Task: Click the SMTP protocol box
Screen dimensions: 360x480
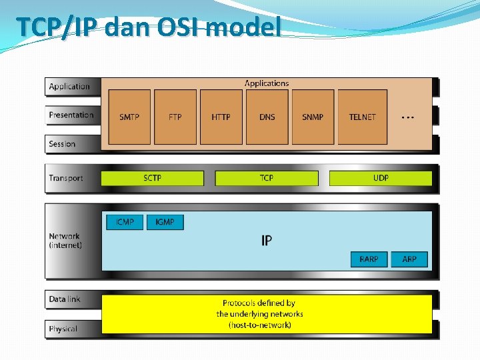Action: [x=129, y=117]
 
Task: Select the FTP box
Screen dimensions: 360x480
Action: [x=175, y=117]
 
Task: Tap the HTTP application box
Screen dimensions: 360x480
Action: [x=221, y=117]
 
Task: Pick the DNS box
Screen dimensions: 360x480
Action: [x=267, y=117]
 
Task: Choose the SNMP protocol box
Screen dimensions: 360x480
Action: [x=313, y=117]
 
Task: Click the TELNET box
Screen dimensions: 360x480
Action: [x=363, y=117]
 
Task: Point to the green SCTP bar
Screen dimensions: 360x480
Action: [x=153, y=178]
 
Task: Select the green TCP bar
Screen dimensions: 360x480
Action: [x=267, y=178]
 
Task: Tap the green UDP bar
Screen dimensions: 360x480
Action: [x=381, y=178]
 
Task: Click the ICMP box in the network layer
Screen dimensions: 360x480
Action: [x=125, y=221]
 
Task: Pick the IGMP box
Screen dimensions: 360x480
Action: [x=165, y=221]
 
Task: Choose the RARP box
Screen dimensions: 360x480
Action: [x=369, y=259]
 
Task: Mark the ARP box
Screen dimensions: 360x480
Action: [x=409, y=259]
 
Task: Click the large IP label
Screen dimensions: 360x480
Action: [x=267, y=240]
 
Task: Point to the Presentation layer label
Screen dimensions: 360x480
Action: [x=71, y=115]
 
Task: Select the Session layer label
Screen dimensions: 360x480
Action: [x=62, y=144]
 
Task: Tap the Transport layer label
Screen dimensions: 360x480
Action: [x=66, y=178]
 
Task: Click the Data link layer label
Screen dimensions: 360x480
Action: [x=65, y=299]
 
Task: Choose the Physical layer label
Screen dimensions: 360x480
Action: [x=63, y=329]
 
